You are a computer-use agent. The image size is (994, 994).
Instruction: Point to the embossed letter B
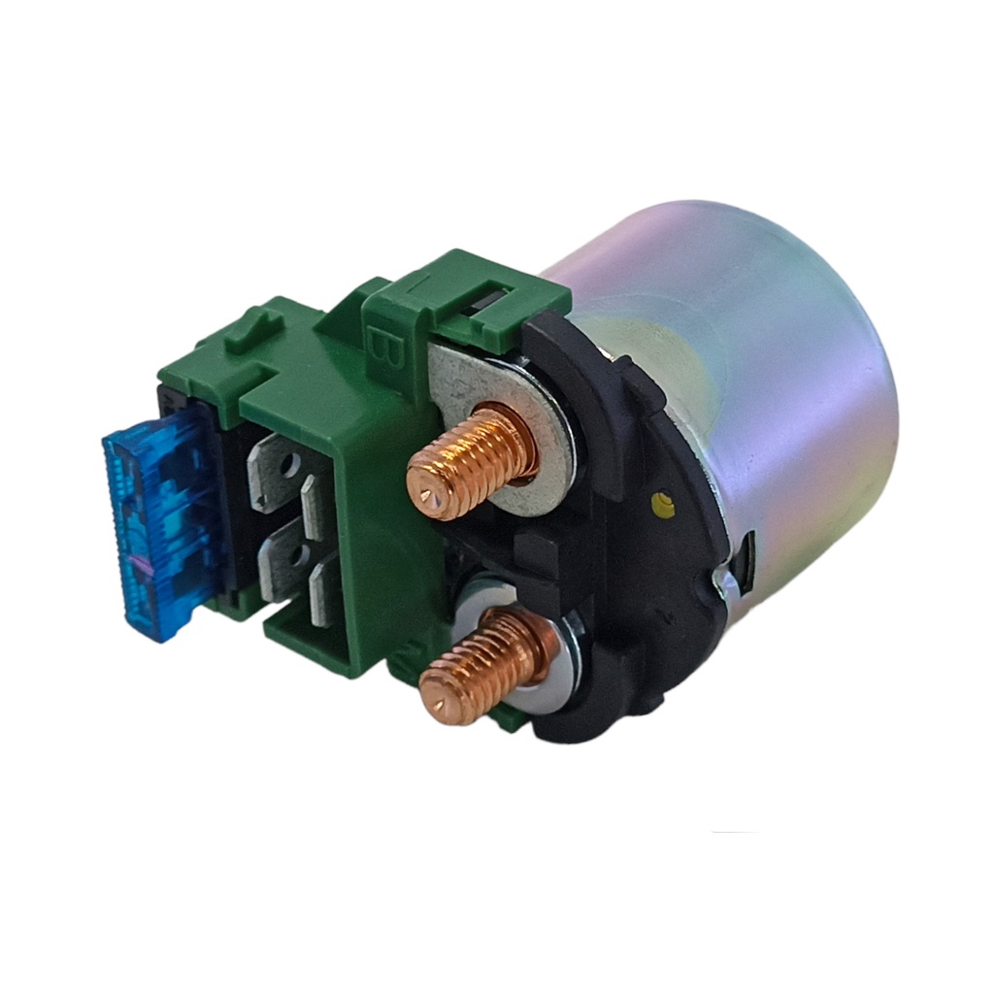click(x=381, y=349)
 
